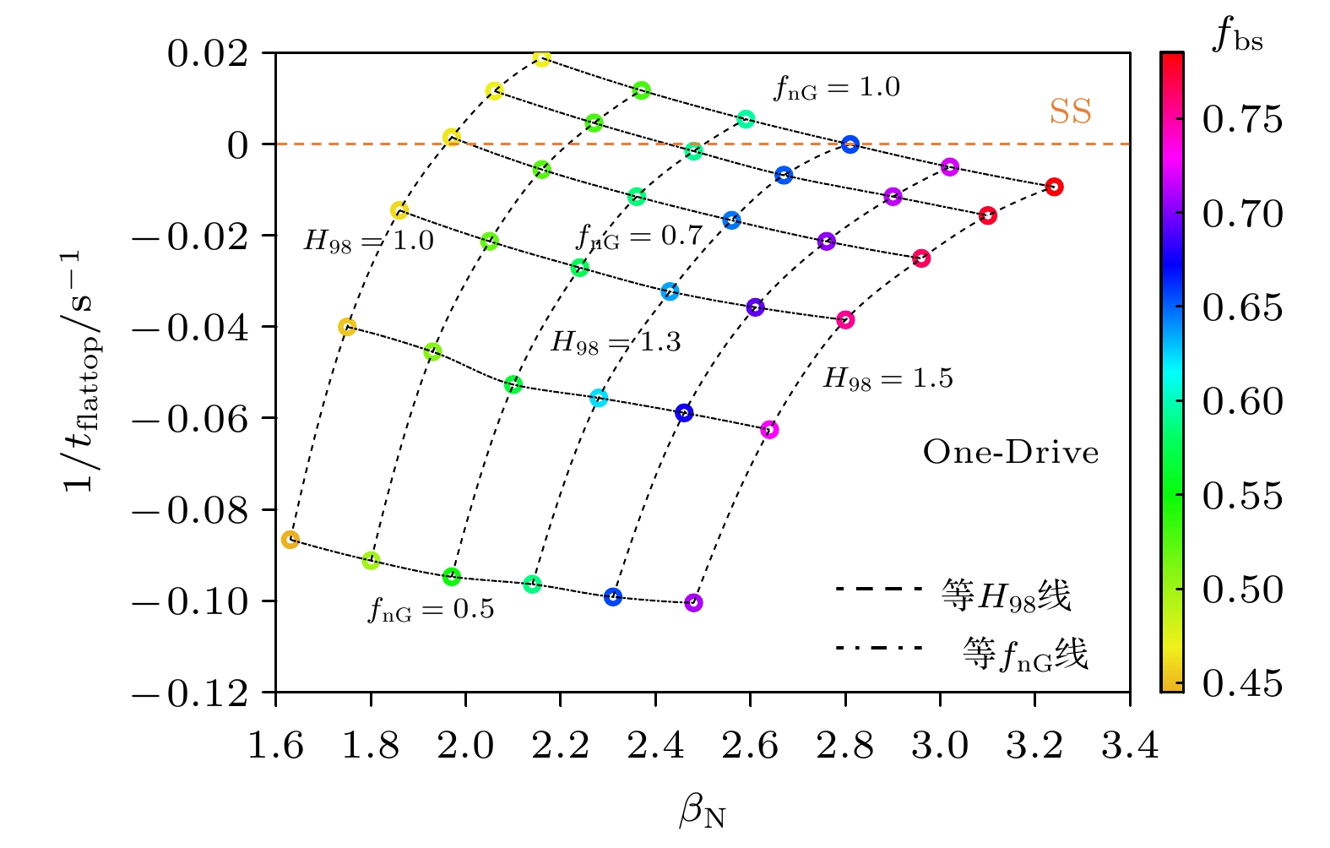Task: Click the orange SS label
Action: pos(1070,111)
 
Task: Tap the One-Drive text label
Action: pos(1011,453)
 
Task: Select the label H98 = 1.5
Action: pos(888,378)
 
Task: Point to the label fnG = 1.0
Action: pos(837,88)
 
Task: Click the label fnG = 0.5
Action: pos(431,609)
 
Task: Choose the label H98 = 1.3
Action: pos(616,342)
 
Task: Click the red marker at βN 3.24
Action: pos(1054,187)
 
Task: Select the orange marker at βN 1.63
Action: pos(290,540)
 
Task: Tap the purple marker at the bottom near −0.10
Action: pos(693,603)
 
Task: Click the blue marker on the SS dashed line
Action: pos(850,144)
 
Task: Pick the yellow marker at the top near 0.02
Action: pos(542,57)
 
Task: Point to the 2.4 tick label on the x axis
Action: pos(655,746)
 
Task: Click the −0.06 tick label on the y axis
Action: pos(192,419)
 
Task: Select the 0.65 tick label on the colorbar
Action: pos(1242,308)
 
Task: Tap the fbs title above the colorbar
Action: pos(1237,35)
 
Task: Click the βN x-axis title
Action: pos(703,813)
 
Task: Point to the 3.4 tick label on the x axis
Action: pos(1130,746)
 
